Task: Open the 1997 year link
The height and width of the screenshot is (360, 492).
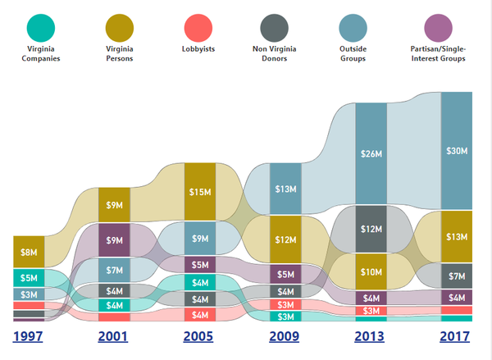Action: tap(29, 336)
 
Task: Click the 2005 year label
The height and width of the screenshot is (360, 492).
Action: tap(199, 336)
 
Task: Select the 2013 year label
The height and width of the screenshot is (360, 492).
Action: tap(369, 336)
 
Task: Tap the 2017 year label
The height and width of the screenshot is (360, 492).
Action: tap(455, 336)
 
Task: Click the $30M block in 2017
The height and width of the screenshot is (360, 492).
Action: tap(457, 151)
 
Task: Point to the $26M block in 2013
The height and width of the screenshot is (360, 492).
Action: tap(371, 153)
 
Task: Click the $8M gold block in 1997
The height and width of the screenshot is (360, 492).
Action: tap(30, 251)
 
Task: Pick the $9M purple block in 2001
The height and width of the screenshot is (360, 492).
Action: tap(115, 239)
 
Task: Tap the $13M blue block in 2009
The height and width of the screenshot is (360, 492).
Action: tap(285, 189)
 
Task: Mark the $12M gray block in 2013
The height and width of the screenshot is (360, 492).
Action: tap(371, 226)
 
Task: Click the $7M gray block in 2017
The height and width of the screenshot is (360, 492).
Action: tap(457, 276)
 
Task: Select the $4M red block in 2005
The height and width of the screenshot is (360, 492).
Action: tap(200, 314)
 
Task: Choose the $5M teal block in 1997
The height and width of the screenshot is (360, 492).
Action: tap(30, 277)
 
